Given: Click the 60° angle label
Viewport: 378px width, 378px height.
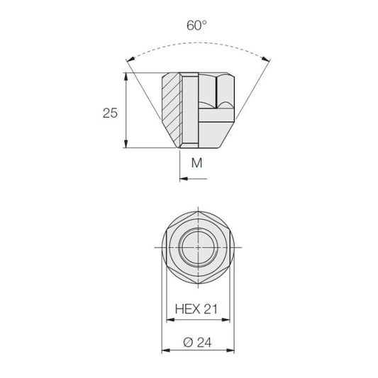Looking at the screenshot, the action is point(196,26).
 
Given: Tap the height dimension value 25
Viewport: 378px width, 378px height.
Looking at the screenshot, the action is point(110,113).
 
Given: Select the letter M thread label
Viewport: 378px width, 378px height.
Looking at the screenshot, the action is point(196,163).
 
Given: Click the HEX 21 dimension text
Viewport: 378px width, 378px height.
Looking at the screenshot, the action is point(196,309).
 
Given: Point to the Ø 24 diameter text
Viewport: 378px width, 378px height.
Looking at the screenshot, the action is point(197,343).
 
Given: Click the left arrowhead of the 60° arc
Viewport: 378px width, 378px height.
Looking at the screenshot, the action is point(130,60).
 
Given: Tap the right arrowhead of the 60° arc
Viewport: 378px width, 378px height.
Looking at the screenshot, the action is point(266,59).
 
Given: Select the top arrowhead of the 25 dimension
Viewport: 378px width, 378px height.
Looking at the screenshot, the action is point(126,77).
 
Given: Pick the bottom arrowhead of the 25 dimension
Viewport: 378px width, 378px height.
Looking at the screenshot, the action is point(126,144).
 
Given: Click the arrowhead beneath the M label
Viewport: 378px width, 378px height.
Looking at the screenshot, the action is point(184,179).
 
